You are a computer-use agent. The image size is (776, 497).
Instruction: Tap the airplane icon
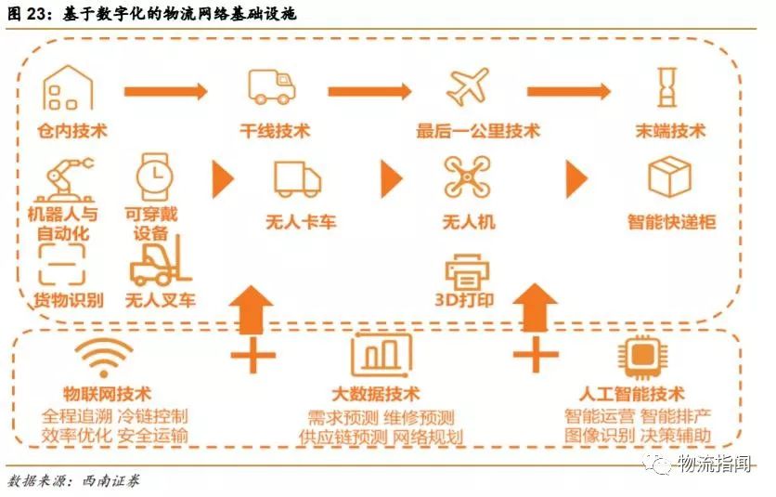467,86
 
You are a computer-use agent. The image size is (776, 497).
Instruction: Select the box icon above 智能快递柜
669,177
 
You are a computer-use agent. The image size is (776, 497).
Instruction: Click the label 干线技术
275,132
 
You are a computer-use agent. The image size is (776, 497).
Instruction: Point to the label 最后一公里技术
478,132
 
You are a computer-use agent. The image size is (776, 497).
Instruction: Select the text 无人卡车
297,223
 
